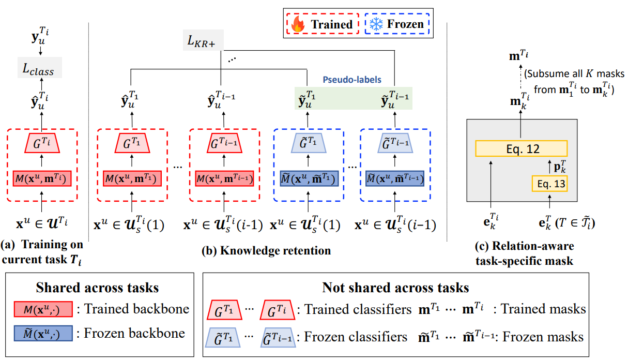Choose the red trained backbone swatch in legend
(x=43, y=309)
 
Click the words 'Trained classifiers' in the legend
(x=356, y=309)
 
